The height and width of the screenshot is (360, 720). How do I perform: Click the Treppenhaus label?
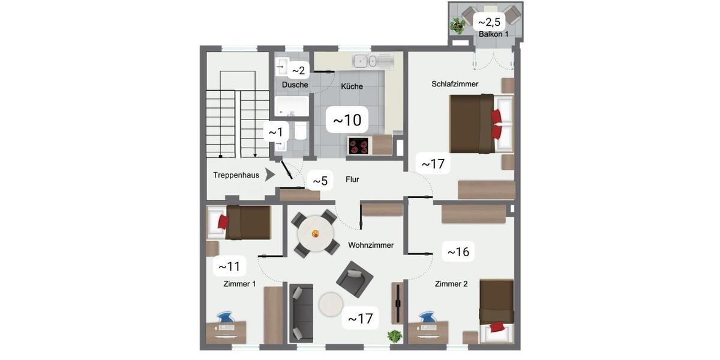pos(236,175)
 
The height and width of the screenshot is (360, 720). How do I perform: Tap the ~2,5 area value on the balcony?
pos(489,22)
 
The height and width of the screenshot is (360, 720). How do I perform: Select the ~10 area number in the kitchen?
pos(347,121)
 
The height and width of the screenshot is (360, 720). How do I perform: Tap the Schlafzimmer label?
pos(455,84)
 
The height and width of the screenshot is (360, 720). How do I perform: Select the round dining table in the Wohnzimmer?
pos(315,233)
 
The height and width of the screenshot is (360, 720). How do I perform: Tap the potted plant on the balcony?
pos(458,25)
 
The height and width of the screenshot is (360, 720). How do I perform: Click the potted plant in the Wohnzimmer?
pos(394,336)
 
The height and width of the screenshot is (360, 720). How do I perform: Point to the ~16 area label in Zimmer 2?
pos(458,251)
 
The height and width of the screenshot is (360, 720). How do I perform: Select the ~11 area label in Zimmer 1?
pos(230,266)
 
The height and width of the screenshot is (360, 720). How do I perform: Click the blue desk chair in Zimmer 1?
pos(225,317)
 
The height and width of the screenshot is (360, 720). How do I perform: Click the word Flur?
pos(352,179)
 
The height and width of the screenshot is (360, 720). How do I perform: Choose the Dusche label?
pos(295,85)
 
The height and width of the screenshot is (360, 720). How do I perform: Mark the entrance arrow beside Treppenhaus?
pos(271,175)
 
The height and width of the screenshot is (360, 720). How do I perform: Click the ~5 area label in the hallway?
pos(320,181)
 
